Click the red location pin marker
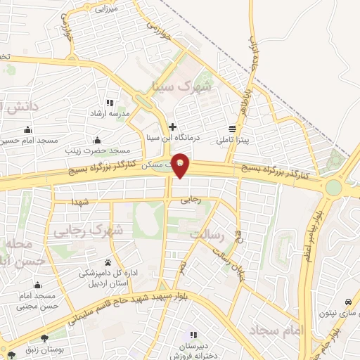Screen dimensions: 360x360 181,165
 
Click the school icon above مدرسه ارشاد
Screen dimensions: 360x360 110,103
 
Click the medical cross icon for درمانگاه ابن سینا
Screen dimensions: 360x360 172,127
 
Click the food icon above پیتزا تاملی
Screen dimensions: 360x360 232,129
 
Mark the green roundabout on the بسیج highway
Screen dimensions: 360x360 333,187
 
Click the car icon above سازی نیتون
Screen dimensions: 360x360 347,301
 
